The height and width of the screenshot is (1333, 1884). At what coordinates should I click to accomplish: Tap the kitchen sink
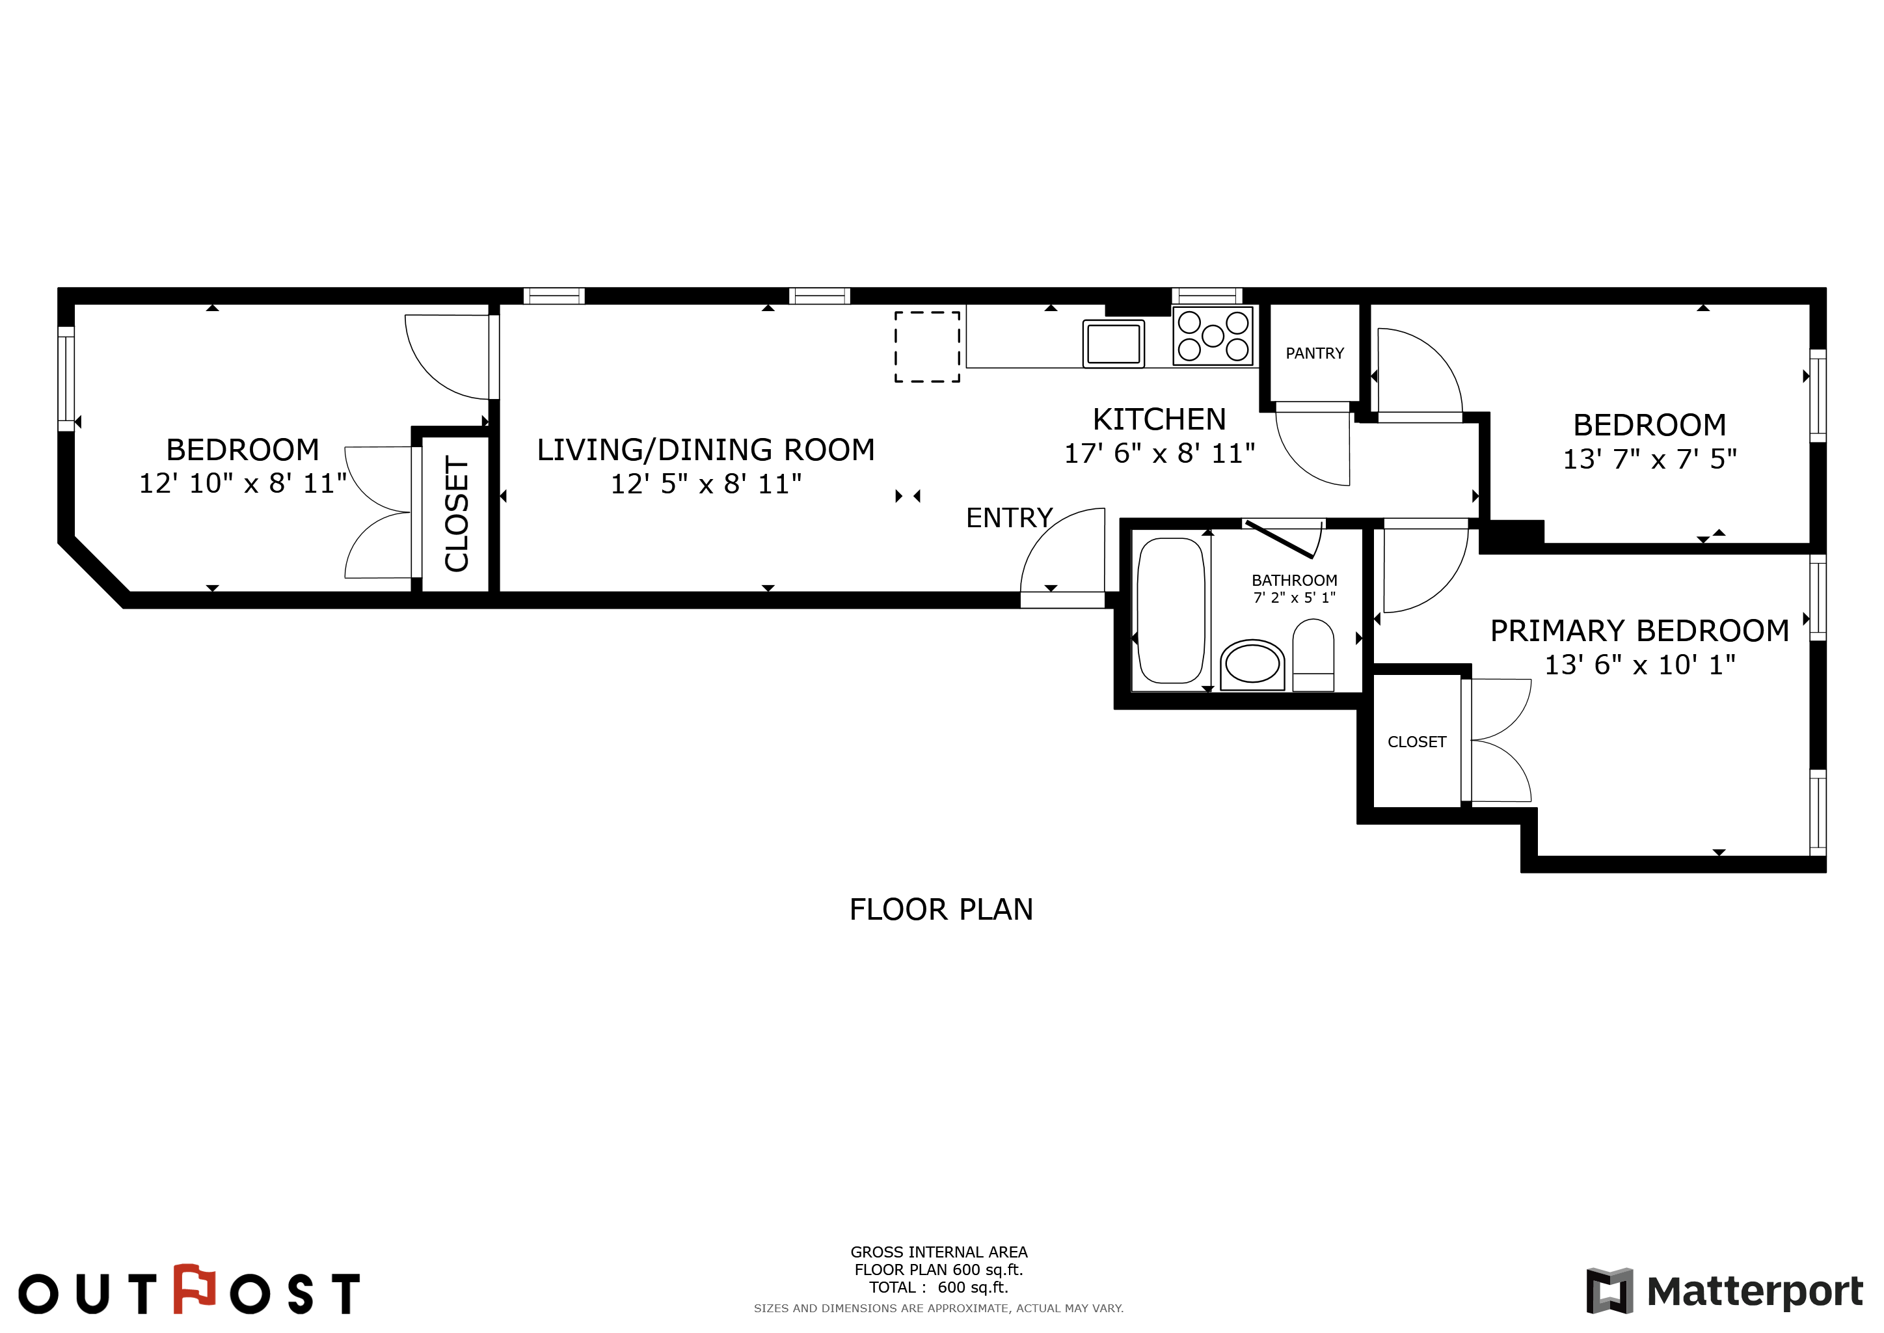coord(1114,343)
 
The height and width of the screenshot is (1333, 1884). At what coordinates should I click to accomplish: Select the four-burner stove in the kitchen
coord(1213,335)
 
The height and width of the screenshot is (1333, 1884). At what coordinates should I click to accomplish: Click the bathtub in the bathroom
coord(1171,610)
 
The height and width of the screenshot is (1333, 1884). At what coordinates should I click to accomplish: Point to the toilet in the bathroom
coord(1313,655)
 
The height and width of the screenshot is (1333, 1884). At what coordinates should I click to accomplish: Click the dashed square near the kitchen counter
coord(927,346)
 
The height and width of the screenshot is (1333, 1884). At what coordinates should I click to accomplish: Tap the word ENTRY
coord(1009,518)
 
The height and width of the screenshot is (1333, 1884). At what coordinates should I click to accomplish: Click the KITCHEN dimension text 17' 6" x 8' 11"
coord(1159,453)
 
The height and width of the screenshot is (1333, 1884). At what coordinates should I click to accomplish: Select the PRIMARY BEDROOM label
coord(1639,631)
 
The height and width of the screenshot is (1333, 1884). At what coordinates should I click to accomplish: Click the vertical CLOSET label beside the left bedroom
coord(456,514)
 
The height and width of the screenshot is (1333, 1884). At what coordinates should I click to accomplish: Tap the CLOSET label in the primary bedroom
coord(1416,742)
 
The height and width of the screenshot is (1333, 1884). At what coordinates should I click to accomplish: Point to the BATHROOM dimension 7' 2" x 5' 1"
coord(1294,598)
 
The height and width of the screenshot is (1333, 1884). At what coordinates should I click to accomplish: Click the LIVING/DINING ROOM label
coord(706,450)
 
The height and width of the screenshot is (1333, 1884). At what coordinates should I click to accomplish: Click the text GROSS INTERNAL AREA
coord(939,1252)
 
